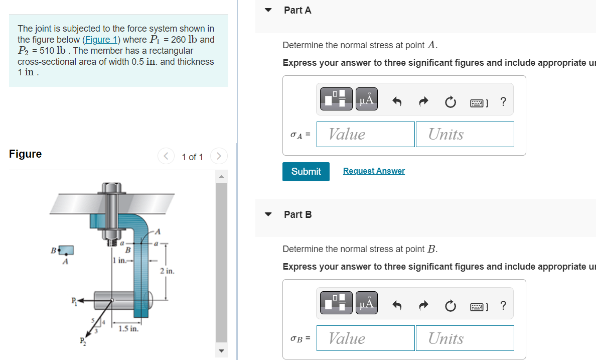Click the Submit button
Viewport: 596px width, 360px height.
(x=306, y=171)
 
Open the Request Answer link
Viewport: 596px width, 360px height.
(x=374, y=171)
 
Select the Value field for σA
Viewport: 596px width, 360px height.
(x=365, y=134)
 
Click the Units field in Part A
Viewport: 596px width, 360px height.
(x=465, y=134)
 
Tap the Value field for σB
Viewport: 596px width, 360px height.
(x=365, y=338)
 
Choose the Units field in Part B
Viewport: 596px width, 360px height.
(x=465, y=338)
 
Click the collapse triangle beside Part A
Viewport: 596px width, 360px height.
(x=268, y=10)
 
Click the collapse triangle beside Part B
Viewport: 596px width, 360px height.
(x=268, y=214)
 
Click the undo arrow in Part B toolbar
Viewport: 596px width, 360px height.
(x=397, y=305)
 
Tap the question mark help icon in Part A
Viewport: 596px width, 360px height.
(x=503, y=102)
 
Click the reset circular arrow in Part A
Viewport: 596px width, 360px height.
(x=450, y=102)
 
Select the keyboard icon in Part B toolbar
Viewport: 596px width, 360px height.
(x=478, y=305)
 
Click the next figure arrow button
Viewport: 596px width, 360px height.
(x=219, y=157)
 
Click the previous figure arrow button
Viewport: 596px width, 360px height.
(x=166, y=157)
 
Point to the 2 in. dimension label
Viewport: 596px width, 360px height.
(x=167, y=271)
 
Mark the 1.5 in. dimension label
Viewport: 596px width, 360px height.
(x=128, y=329)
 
